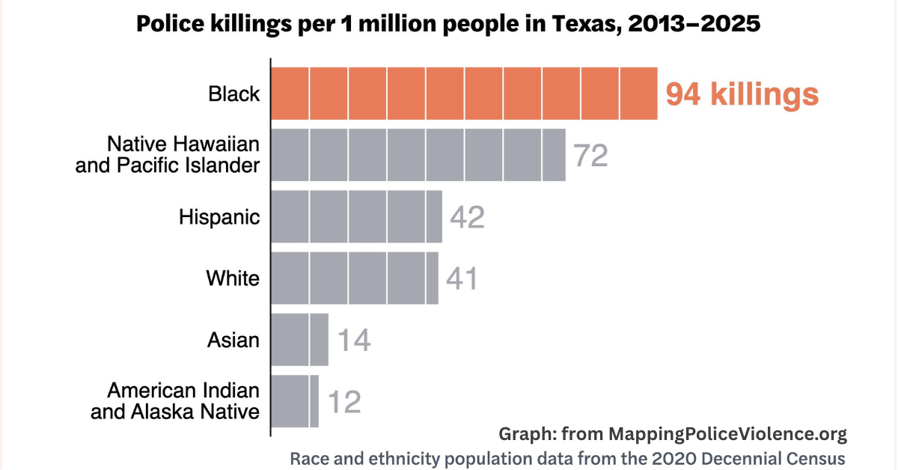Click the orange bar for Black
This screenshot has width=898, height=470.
pos(464,94)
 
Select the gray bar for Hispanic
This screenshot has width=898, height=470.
pos(356,217)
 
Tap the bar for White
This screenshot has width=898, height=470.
pos(354,278)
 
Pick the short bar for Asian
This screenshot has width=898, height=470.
pos(299,340)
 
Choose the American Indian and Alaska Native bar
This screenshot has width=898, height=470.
pos(295,401)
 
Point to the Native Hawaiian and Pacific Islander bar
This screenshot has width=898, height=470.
pos(418,155)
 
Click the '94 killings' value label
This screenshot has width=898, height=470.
pos(742,95)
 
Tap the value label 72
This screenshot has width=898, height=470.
pos(590,156)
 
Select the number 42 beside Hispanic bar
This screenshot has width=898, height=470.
pos(467,217)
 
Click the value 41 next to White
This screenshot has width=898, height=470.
pos(462,278)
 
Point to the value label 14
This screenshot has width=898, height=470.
pos(353,341)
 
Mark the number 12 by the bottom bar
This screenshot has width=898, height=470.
pos(343,402)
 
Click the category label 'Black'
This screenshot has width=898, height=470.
pos(234,94)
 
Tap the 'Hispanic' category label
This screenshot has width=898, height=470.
pos(219,217)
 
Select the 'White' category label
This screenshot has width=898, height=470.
pos(233,278)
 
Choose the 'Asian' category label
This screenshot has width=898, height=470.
pos(233,340)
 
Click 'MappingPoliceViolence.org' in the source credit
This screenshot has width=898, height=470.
pos(727,434)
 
